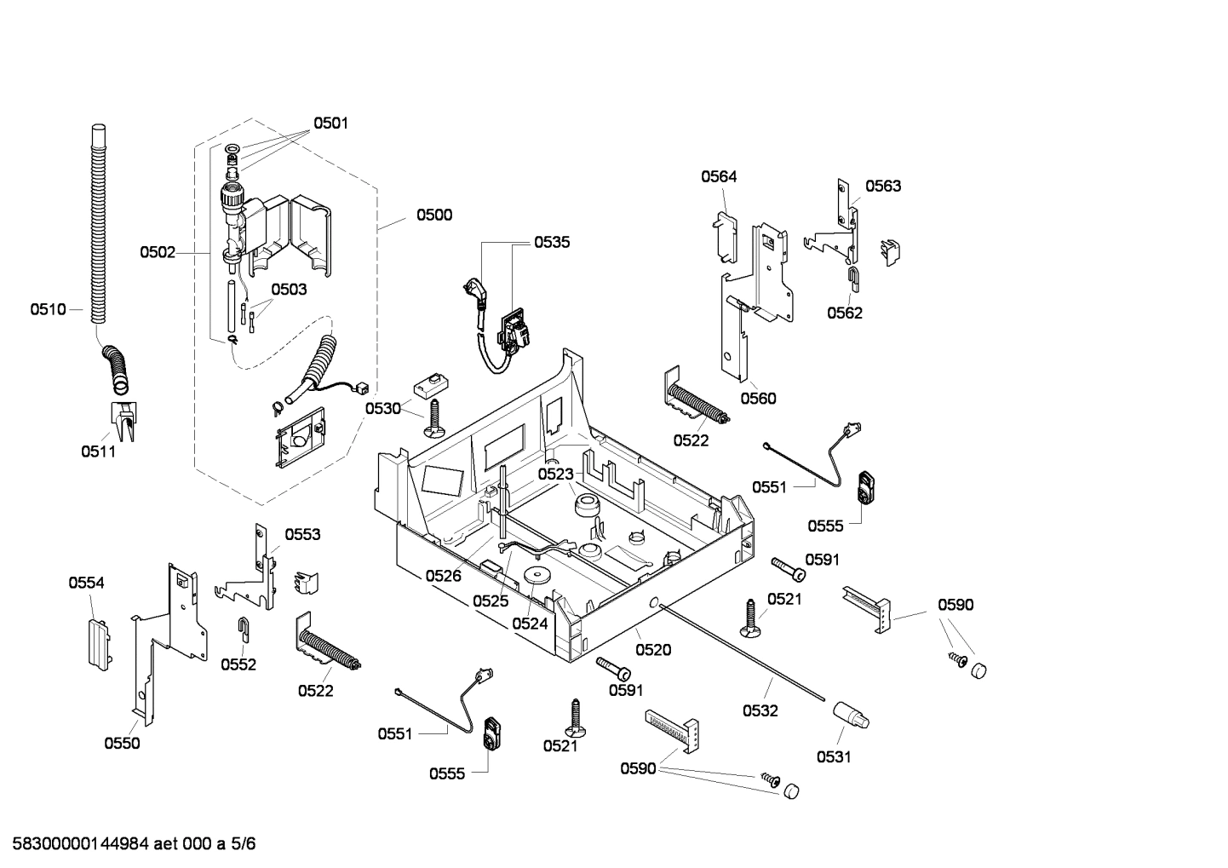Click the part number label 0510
click(x=48, y=309)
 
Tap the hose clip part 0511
click(x=123, y=421)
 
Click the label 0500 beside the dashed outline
click(x=433, y=215)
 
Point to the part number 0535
click(x=552, y=242)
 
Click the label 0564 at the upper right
click(x=719, y=176)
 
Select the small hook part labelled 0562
click(x=853, y=277)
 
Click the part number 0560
click(x=758, y=398)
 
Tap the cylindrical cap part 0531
click(x=851, y=716)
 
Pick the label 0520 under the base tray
click(x=653, y=650)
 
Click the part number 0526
click(x=443, y=576)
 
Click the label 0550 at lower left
click(x=122, y=743)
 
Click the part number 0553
click(x=302, y=534)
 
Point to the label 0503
click(x=289, y=290)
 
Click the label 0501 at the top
click(x=330, y=123)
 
